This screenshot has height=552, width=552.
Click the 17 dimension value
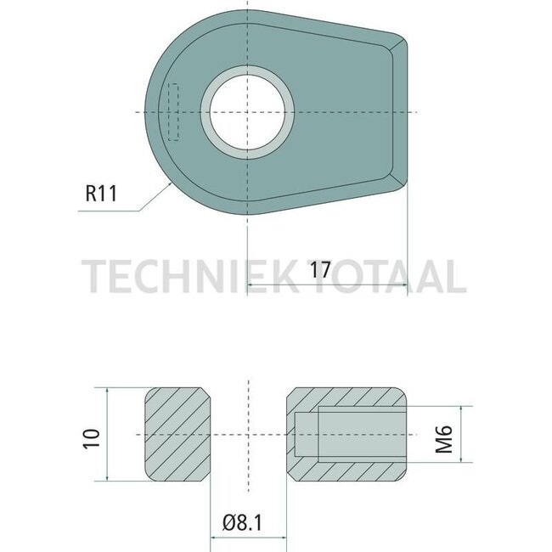point(320,270)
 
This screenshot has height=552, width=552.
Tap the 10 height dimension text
point(93,437)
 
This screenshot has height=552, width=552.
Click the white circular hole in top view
point(248,112)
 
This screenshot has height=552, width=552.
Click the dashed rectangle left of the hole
point(174,112)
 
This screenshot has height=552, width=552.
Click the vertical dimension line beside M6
point(463,435)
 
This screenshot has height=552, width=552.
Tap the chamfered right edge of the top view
point(399,110)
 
